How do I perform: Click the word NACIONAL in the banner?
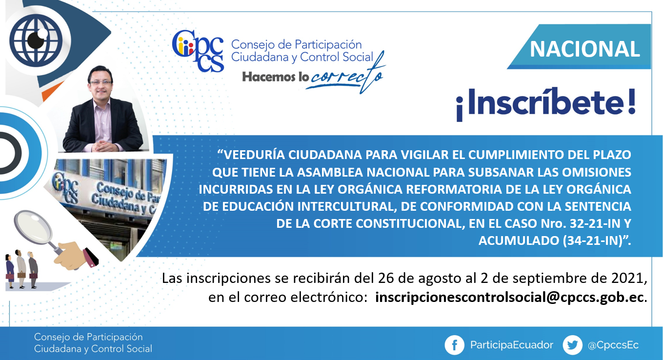point(584,49)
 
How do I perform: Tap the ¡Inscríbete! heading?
point(546,103)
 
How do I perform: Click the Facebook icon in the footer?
point(454,345)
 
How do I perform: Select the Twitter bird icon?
point(572,345)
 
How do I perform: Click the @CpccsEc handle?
point(613,345)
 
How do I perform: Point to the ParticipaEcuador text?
point(512,345)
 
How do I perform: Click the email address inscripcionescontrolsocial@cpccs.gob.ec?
point(510,297)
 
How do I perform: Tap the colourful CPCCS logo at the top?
point(198,51)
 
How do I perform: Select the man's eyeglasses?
point(100,82)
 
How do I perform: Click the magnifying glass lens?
point(33,226)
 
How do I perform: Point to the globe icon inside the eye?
point(36,40)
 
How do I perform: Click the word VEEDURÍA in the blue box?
point(253,155)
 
